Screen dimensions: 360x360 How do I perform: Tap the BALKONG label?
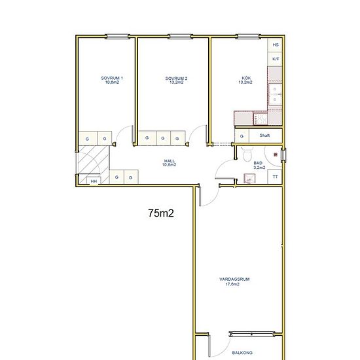[x=242, y=353]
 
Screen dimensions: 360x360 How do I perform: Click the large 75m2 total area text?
[x=161, y=213]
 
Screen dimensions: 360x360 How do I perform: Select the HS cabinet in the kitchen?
[x=275, y=45]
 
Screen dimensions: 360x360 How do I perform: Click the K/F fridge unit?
[x=275, y=59]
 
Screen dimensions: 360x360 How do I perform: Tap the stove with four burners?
[x=261, y=118]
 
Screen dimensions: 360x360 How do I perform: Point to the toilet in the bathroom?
[x=247, y=154]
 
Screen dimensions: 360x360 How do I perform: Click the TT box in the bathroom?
[x=275, y=177]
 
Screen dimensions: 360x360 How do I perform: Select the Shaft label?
[x=264, y=135]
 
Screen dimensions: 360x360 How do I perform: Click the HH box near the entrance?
[x=94, y=181]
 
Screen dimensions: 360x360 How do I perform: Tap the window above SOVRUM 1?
[x=117, y=36]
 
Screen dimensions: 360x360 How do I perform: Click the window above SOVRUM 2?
[x=180, y=36]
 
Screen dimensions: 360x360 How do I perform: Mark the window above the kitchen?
[x=248, y=36]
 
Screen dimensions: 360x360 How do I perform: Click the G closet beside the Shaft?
[x=242, y=135]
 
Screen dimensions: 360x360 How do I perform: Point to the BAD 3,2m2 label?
[x=259, y=166]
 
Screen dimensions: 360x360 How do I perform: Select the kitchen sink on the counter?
[x=275, y=94]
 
